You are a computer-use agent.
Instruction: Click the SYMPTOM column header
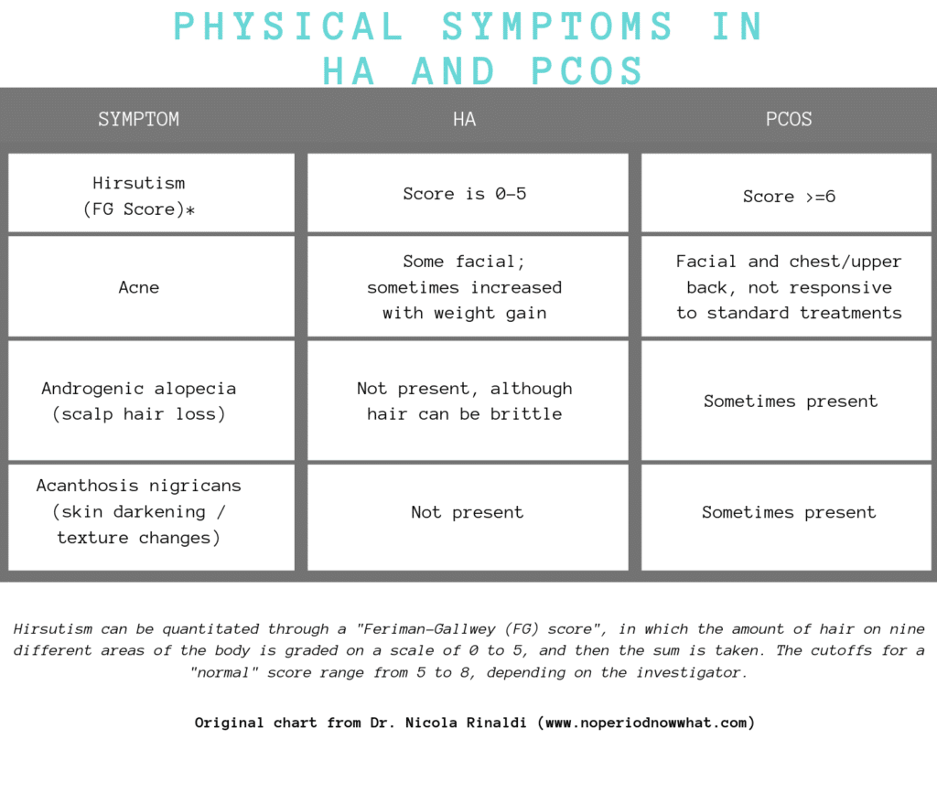[139, 120]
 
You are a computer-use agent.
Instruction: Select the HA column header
[465, 120]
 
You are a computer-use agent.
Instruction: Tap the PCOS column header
[789, 120]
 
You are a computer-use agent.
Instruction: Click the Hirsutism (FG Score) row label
[139, 196]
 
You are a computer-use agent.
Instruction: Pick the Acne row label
[139, 287]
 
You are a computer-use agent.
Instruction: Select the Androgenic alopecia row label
[139, 401]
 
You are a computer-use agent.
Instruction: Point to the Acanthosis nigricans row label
[139, 512]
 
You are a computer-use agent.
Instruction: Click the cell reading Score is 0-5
[465, 194]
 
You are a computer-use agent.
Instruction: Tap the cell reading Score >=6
[789, 197]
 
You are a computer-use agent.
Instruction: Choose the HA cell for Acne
[465, 287]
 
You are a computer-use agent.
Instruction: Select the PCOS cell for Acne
[789, 287]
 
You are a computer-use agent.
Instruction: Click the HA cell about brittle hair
[465, 401]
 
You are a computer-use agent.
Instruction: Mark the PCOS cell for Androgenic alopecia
[790, 401]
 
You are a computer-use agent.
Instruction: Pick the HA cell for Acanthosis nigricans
[467, 512]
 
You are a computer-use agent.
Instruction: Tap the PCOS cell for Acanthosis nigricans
[789, 512]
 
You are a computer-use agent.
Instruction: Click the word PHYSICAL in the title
[289, 27]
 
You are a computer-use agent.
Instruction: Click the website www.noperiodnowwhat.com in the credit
[648, 723]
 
